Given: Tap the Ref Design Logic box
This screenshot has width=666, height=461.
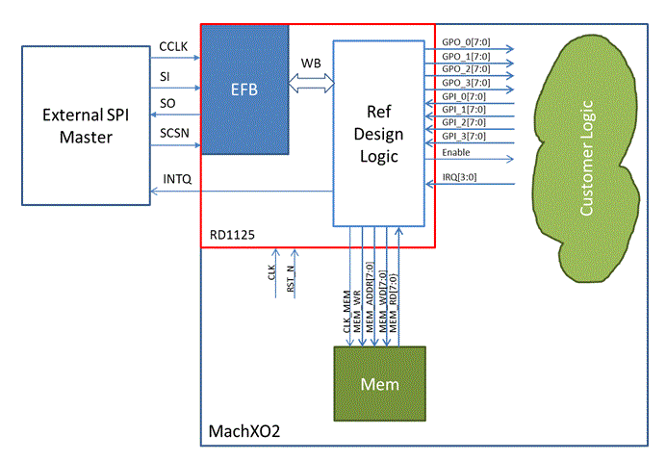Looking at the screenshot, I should pyautogui.click(x=378, y=133).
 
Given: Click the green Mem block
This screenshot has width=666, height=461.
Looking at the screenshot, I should pyautogui.click(x=378, y=383).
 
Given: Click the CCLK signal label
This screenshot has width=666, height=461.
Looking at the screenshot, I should pyautogui.click(x=174, y=47).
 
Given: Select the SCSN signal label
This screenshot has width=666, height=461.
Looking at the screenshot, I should pyautogui.click(x=174, y=132).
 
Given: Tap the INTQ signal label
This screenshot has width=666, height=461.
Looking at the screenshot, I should pyautogui.click(x=177, y=180).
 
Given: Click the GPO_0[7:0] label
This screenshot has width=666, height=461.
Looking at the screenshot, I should pyautogui.click(x=465, y=42).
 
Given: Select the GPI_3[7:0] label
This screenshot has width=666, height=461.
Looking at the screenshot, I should pyautogui.click(x=464, y=136).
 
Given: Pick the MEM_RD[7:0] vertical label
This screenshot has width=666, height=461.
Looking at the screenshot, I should pyautogui.click(x=396, y=301).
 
